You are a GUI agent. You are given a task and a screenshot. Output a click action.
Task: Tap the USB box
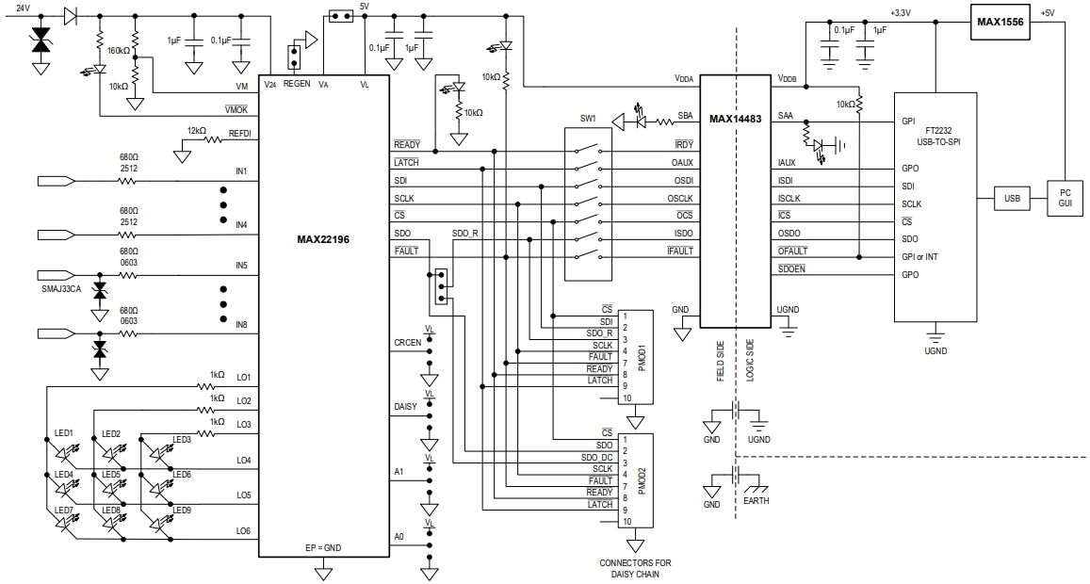(1011, 199)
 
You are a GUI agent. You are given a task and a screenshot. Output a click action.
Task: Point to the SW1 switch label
(588, 120)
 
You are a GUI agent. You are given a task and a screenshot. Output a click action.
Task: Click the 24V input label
(23, 8)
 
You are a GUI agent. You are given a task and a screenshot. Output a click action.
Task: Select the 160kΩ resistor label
(120, 51)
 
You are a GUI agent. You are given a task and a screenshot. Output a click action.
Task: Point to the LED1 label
(63, 433)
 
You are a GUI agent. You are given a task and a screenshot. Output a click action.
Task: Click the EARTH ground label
(756, 501)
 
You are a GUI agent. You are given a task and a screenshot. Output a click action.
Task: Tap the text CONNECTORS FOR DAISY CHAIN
(636, 569)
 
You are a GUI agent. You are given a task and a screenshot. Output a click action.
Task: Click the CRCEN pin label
(408, 343)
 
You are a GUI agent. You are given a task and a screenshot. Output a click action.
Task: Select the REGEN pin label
(296, 84)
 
